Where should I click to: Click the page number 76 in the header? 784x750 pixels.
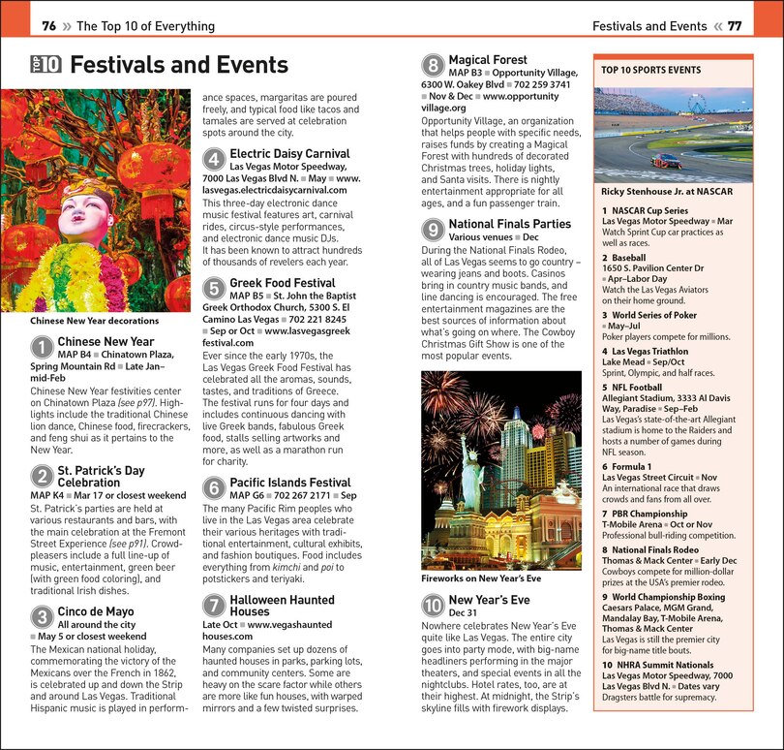pyautogui.click(x=49, y=26)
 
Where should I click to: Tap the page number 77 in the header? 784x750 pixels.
pyautogui.click(x=735, y=26)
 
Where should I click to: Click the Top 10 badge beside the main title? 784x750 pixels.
pyautogui.click(x=45, y=65)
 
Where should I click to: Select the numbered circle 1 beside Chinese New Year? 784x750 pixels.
pyautogui.click(x=42, y=347)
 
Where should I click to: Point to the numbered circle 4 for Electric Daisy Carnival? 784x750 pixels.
pyautogui.click(x=214, y=159)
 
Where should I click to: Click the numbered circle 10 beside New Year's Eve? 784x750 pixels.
pyautogui.click(x=433, y=606)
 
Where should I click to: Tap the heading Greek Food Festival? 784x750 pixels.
pyautogui.click(x=282, y=283)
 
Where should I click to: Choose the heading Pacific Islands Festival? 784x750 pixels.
pyautogui.click(x=289, y=483)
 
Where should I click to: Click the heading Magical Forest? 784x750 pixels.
pyautogui.click(x=488, y=60)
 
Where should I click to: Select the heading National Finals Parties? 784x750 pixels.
pyautogui.click(x=509, y=224)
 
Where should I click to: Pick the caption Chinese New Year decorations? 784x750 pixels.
pyautogui.click(x=94, y=321)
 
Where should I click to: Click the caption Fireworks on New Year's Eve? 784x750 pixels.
pyautogui.click(x=481, y=578)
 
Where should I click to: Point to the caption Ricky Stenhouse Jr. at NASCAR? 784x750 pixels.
pyautogui.click(x=667, y=192)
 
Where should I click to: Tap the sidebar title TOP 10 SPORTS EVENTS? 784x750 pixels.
pyautogui.click(x=650, y=71)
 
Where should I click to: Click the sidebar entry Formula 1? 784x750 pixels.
pyautogui.click(x=633, y=466)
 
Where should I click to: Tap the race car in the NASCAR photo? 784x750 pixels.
pyautogui.click(x=666, y=160)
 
